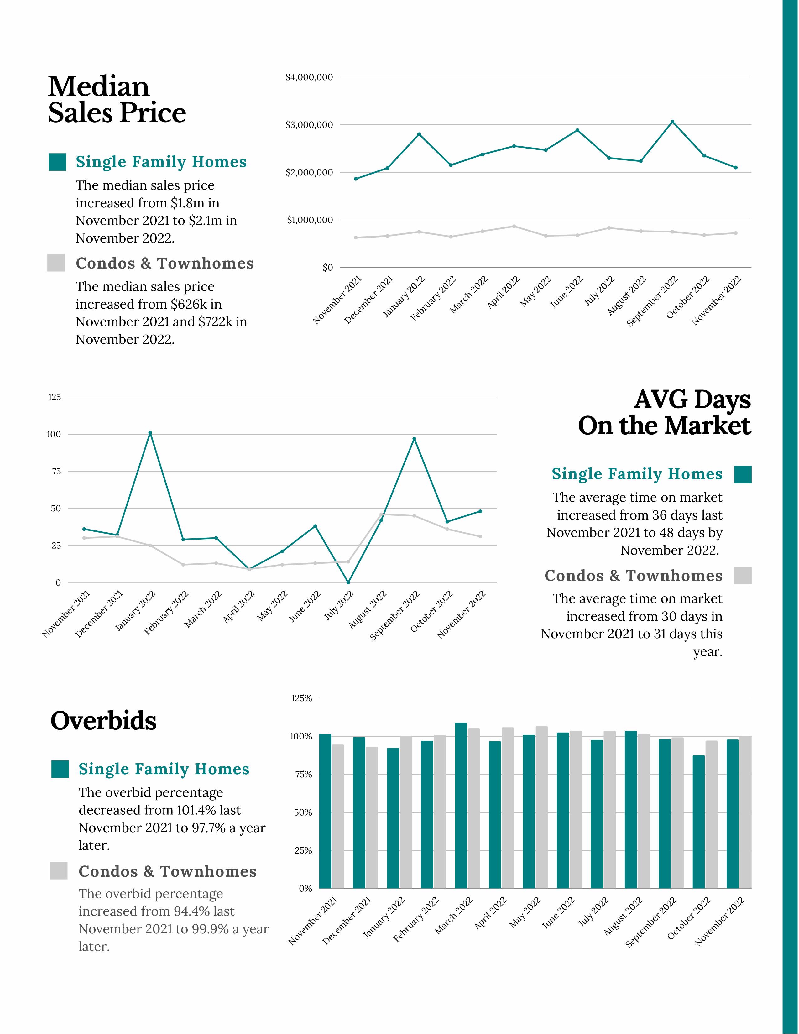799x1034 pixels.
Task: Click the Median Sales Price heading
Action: tap(117, 100)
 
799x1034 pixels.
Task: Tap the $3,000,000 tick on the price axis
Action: tap(309, 125)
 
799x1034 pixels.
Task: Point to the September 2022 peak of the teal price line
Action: tap(672, 122)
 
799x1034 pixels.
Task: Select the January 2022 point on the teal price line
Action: tap(419, 134)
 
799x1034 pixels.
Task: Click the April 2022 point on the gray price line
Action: tap(514, 226)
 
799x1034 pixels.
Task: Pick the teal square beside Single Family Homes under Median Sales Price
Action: tap(57, 162)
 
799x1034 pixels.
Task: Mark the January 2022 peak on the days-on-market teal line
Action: tap(150, 433)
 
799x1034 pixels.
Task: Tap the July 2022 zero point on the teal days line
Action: tap(348, 582)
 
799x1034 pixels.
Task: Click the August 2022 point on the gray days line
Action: tap(381, 514)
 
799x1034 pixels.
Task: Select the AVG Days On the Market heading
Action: tap(664, 412)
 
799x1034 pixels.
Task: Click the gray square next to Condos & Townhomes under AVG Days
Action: tap(743, 575)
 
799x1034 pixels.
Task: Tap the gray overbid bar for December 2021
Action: tap(372, 817)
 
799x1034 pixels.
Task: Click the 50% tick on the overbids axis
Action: tap(303, 812)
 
